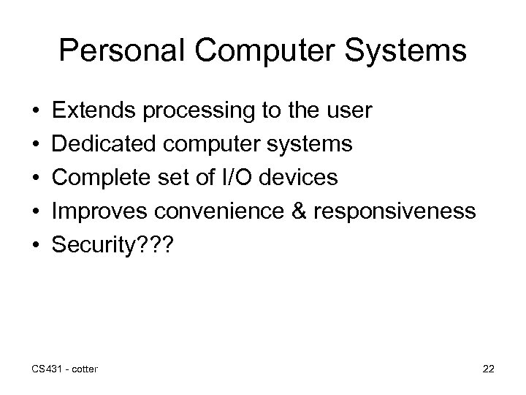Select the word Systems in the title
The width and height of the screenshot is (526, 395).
[408, 51]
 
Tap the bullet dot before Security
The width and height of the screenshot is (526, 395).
[36, 244]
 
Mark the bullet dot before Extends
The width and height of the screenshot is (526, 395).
[36, 112]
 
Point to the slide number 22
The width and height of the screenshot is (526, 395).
[488, 368]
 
